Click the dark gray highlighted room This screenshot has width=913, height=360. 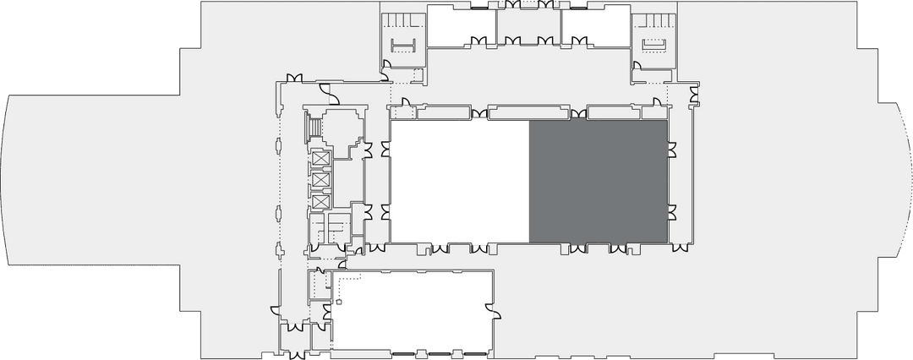[598, 180]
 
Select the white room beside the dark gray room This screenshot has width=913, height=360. [459, 180]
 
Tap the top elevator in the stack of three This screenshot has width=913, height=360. [320, 159]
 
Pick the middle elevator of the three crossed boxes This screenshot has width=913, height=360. [320, 180]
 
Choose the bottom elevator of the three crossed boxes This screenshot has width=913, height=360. [320, 201]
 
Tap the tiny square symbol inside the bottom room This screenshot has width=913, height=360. [338, 301]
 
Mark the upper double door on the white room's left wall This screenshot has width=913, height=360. [385, 149]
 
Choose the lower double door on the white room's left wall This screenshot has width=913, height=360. [385, 211]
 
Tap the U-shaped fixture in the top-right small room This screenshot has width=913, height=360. [654, 44]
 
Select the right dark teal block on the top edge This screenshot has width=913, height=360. [550, 4]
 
